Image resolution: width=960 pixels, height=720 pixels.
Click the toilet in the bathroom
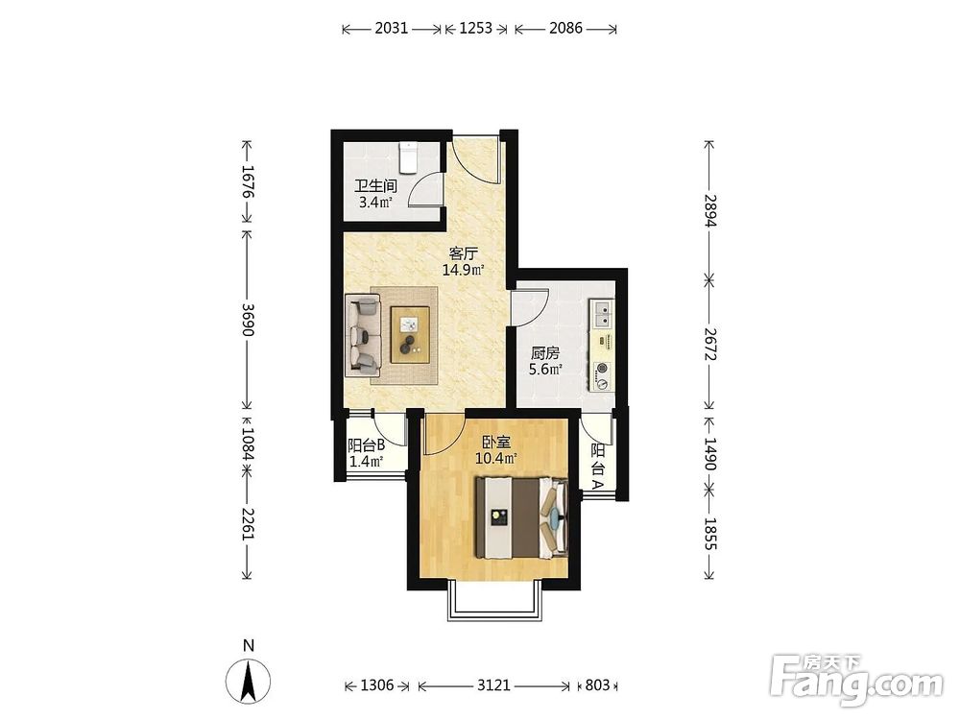[408, 158]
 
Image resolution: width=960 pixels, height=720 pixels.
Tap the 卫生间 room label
[375, 185]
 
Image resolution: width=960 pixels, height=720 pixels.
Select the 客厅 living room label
[463, 253]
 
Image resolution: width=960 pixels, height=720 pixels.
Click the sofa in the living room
[363, 334]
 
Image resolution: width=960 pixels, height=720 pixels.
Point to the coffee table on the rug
[410, 334]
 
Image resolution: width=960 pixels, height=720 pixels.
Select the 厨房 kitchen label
[545, 353]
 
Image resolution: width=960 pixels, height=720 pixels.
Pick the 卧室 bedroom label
[496, 442]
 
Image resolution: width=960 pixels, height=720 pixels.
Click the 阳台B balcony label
[366, 445]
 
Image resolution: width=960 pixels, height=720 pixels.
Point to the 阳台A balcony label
[597, 466]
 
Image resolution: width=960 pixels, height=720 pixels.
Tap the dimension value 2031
[392, 28]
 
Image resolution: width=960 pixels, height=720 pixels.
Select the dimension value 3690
[248, 320]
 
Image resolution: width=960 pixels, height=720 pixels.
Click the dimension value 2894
[709, 210]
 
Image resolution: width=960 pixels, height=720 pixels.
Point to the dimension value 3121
[493, 685]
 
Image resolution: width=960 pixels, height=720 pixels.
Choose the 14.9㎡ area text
[464, 270]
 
